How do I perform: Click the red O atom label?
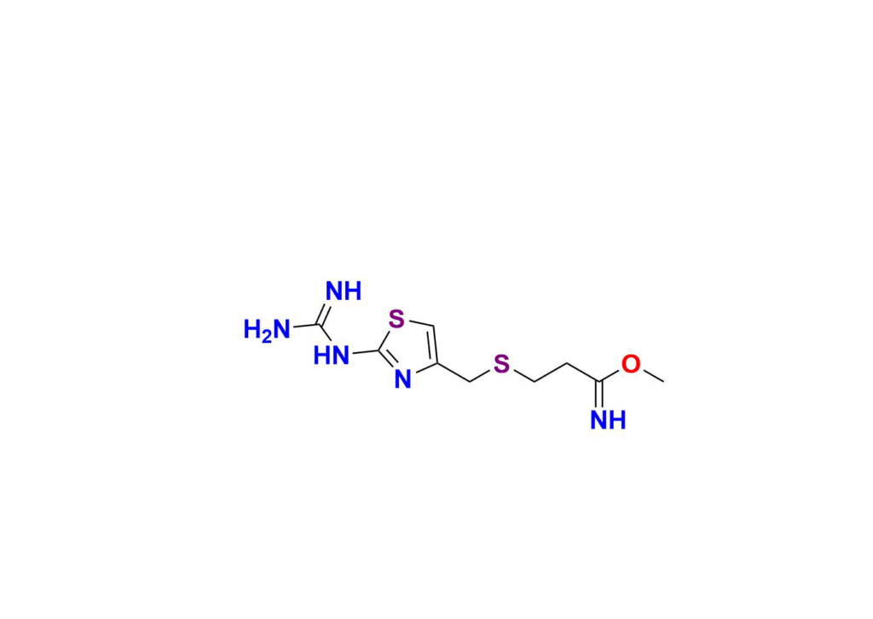[x=631, y=365]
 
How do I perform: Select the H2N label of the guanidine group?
[x=267, y=330]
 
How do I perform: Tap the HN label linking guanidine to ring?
[x=332, y=356]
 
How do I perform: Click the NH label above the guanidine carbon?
[x=344, y=291]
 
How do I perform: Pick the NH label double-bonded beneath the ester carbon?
[x=608, y=420]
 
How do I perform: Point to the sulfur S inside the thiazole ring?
[x=396, y=320]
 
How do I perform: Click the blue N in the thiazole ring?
[x=402, y=379]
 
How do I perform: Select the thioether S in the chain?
[x=501, y=364]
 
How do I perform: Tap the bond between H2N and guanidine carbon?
[x=305, y=327]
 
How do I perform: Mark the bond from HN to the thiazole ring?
[x=366, y=352]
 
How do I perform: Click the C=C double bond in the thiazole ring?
[x=434, y=345]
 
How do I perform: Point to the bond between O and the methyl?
[x=653, y=376]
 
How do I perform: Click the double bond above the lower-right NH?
[x=599, y=396]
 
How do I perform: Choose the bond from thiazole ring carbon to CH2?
[x=454, y=373]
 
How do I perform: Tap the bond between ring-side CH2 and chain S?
[x=481, y=376]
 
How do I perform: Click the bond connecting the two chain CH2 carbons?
[x=551, y=373]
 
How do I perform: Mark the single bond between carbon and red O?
[x=610, y=376]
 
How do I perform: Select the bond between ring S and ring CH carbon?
[x=420, y=323]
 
